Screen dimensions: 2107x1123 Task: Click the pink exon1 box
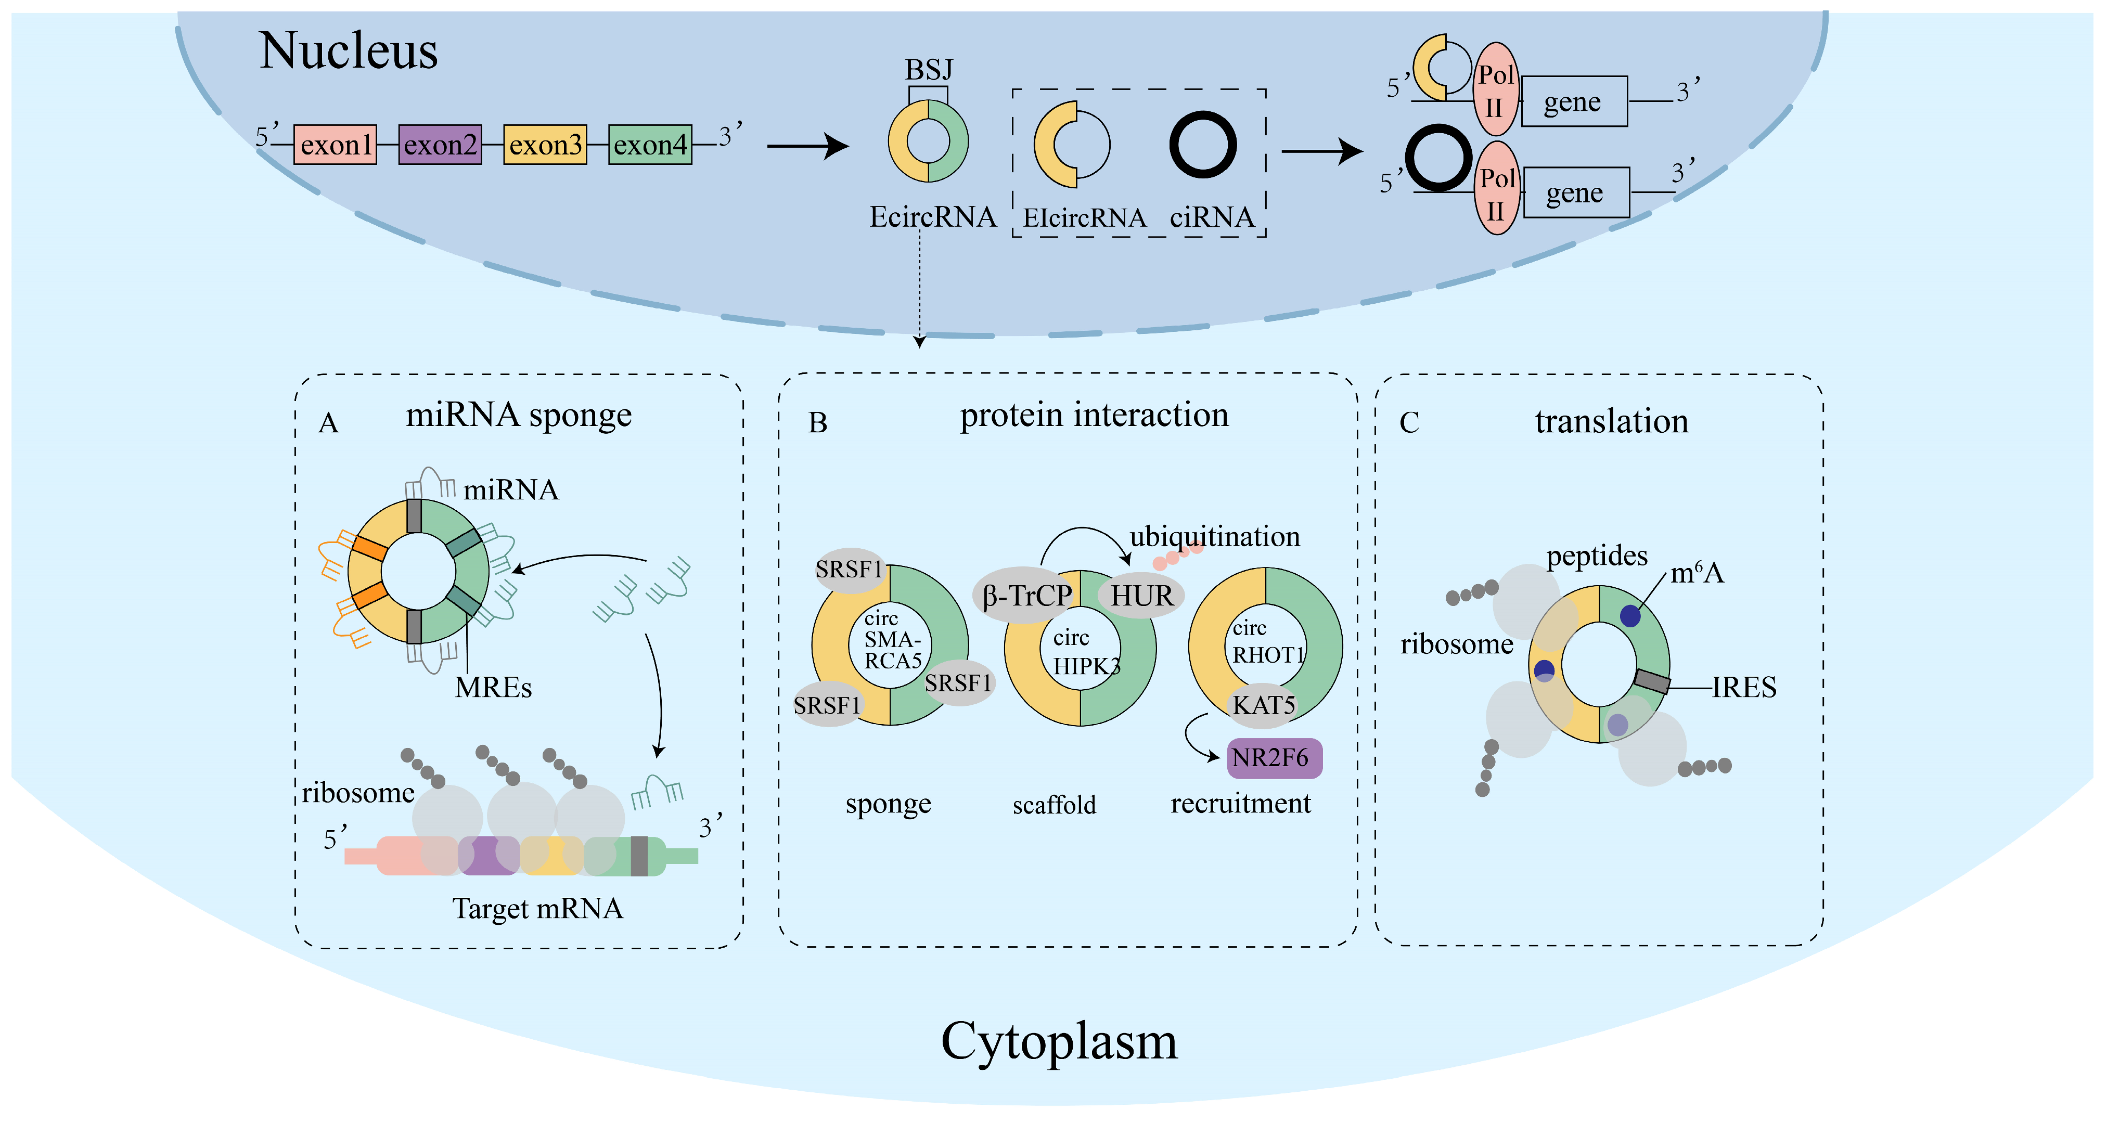click(336, 145)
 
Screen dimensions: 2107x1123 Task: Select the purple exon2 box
click(440, 145)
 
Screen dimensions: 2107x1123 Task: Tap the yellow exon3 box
click(545, 145)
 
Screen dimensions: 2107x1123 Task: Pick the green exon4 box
click(650, 145)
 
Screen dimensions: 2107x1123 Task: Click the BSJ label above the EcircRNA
click(928, 70)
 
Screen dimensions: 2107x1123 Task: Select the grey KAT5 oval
click(1263, 705)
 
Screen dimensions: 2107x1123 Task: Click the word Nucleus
click(349, 50)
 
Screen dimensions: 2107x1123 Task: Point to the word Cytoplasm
click(1059, 1042)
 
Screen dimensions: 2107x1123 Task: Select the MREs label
click(493, 688)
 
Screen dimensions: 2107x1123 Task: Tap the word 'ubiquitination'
click(1215, 537)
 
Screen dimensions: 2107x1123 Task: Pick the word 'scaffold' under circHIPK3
click(1055, 805)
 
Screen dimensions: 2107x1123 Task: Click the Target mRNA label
click(537, 909)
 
